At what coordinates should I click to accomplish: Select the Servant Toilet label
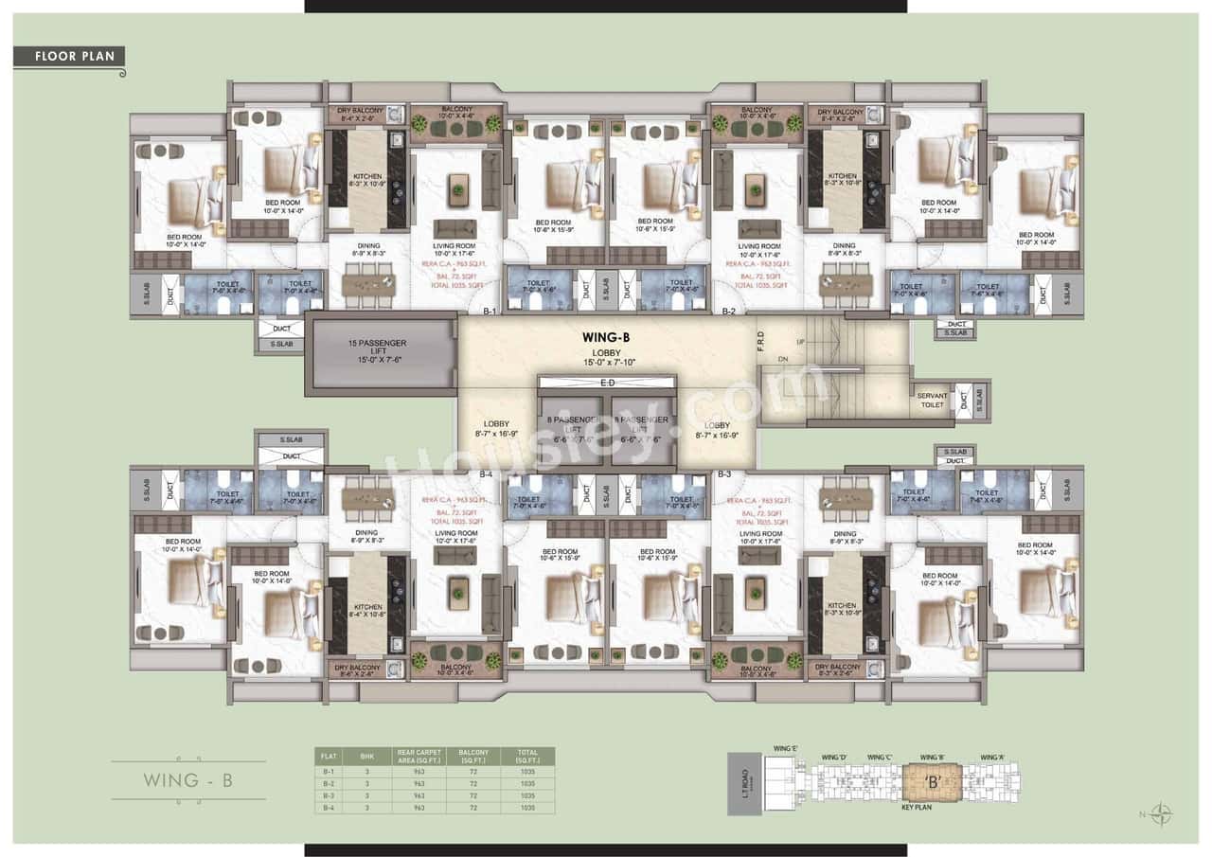pyautogui.click(x=932, y=401)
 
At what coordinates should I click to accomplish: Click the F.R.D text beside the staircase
pyautogui.click(x=761, y=340)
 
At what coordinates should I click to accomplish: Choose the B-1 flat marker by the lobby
pyautogui.click(x=490, y=312)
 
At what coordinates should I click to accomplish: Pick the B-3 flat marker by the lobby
pyautogui.click(x=724, y=473)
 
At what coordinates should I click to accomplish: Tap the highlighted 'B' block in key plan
pyautogui.click(x=932, y=783)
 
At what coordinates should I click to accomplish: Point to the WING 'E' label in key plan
pyautogui.click(x=785, y=749)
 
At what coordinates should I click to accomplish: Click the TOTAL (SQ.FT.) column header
pyautogui.click(x=527, y=757)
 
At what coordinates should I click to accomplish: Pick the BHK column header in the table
pyautogui.click(x=367, y=757)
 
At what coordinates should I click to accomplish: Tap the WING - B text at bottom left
pyautogui.click(x=188, y=781)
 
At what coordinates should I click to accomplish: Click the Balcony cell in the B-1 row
pyautogui.click(x=473, y=772)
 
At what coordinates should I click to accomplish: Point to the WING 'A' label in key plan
pyautogui.click(x=992, y=758)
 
